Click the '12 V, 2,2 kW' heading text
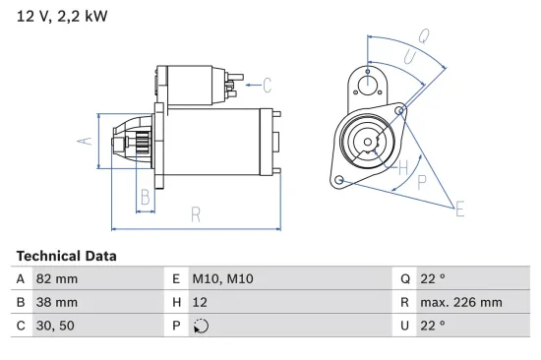[62, 16]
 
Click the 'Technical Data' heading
[66, 256]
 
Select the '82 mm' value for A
[56, 278]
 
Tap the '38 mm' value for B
[56, 302]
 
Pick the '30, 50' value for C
[53, 326]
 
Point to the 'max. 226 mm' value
[463, 302]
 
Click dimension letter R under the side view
[196, 213]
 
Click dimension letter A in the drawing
[86, 141]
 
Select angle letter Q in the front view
[423, 34]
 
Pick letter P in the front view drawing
[421, 183]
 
